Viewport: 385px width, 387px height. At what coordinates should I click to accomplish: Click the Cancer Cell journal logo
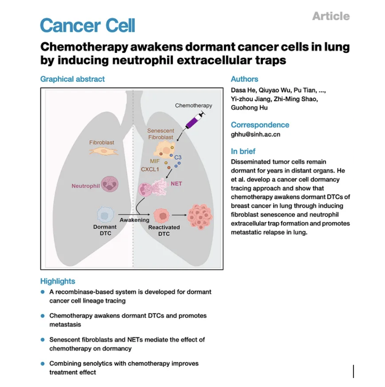point(87,26)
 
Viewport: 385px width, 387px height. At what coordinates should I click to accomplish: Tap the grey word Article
point(331,16)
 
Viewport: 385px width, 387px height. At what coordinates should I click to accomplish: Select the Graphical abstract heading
point(73,79)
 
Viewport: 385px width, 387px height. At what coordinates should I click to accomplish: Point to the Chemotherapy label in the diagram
point(193,105)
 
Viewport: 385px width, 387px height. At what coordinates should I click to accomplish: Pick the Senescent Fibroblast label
point(161,134)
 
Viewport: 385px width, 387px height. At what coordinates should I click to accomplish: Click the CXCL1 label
point(150,169)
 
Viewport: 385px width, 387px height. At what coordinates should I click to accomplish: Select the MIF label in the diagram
point(155,161)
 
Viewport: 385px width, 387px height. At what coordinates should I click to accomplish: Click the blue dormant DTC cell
point(105,215)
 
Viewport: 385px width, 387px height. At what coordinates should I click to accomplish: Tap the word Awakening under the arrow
point(135,220)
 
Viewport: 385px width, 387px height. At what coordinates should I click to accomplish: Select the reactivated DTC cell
point(163,216)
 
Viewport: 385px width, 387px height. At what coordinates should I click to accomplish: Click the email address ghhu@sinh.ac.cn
point(255,134)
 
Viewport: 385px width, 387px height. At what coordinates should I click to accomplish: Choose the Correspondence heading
point(260,125)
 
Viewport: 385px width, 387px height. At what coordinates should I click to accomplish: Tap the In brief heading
point(243,151)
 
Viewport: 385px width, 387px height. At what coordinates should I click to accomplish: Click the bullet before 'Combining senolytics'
point(43,364)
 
